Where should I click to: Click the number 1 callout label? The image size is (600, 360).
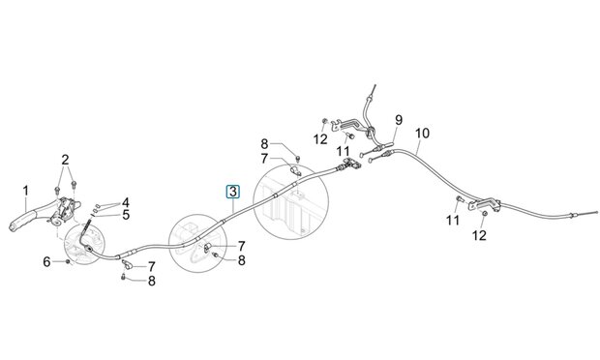pos(25,190)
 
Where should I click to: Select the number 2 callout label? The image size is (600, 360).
pos(65,160)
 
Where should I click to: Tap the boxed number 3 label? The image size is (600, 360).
pos(233,192)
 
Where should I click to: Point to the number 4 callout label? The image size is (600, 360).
pos(126,203)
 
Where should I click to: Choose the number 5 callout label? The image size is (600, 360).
pos(126,215)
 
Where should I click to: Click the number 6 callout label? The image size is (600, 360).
pos(46,262)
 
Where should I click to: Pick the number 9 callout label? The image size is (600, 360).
pos(399,120)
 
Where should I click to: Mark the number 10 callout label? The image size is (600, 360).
pos(423,134)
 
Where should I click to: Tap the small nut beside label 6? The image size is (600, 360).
pos(68,261)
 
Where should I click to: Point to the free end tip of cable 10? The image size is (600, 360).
pos(596,212)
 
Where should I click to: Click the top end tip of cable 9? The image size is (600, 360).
pos(375,85)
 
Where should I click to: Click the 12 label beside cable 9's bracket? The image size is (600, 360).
pos(320,139)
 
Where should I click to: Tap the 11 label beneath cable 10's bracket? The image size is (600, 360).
pos(453,221)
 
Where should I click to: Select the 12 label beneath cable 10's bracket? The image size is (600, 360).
pos(479,235)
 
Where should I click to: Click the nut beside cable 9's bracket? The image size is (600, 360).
pos(324,121)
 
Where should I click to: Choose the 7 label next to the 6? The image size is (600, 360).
pos(152,267)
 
